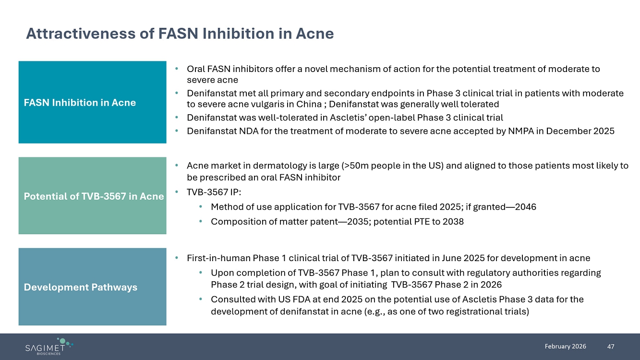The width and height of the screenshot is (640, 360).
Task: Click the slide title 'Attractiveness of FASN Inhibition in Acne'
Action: click(x=180, y=34)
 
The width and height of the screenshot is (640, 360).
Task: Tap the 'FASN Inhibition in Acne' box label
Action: click(x=80, y=102)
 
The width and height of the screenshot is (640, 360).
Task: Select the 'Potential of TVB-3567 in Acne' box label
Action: click(x=94, y=196)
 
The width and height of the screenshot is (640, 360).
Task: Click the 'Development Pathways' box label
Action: click(x=81, y=287)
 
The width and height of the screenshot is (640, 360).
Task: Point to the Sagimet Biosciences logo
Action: click(x=49, y=347)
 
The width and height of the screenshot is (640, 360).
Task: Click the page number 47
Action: click(x=611, y=347)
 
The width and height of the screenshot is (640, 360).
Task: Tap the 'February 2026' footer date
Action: click(x=565, y=346)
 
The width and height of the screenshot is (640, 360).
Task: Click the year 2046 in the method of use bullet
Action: click(x=525, y=206)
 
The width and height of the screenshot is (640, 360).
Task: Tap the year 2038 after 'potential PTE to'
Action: click(x=453, y=221)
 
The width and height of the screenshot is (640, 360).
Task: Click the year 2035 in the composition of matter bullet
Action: click(x=358, y=221)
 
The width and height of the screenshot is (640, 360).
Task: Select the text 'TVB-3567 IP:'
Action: click(x=214, y=192)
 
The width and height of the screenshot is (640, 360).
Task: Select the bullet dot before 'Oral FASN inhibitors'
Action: click(x=177, y=69)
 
